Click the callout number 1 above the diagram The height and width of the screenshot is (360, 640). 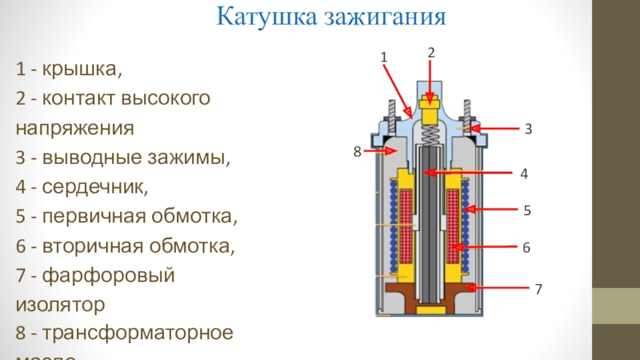[383, 58]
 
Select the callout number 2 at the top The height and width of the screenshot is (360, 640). [430, 52]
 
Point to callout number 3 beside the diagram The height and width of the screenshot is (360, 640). [529, 128]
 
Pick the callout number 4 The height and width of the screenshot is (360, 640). [524, 173]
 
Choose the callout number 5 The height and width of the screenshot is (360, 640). [527, 210]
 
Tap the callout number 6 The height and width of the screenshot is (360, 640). [526, 248]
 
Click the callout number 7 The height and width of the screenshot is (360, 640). [538, 286]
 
